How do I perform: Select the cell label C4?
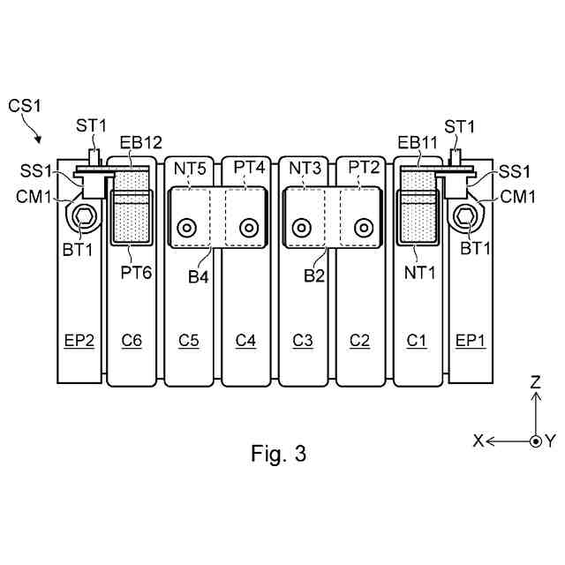tap(246, 339)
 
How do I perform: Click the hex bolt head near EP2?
tap(86, 215)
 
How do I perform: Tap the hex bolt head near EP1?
tap(464, 215)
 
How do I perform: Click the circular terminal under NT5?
tap(186, 228)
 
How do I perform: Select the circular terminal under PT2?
tap(361, 228)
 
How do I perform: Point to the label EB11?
tap(417, 143)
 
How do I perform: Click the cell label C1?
tap(417, 339)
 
